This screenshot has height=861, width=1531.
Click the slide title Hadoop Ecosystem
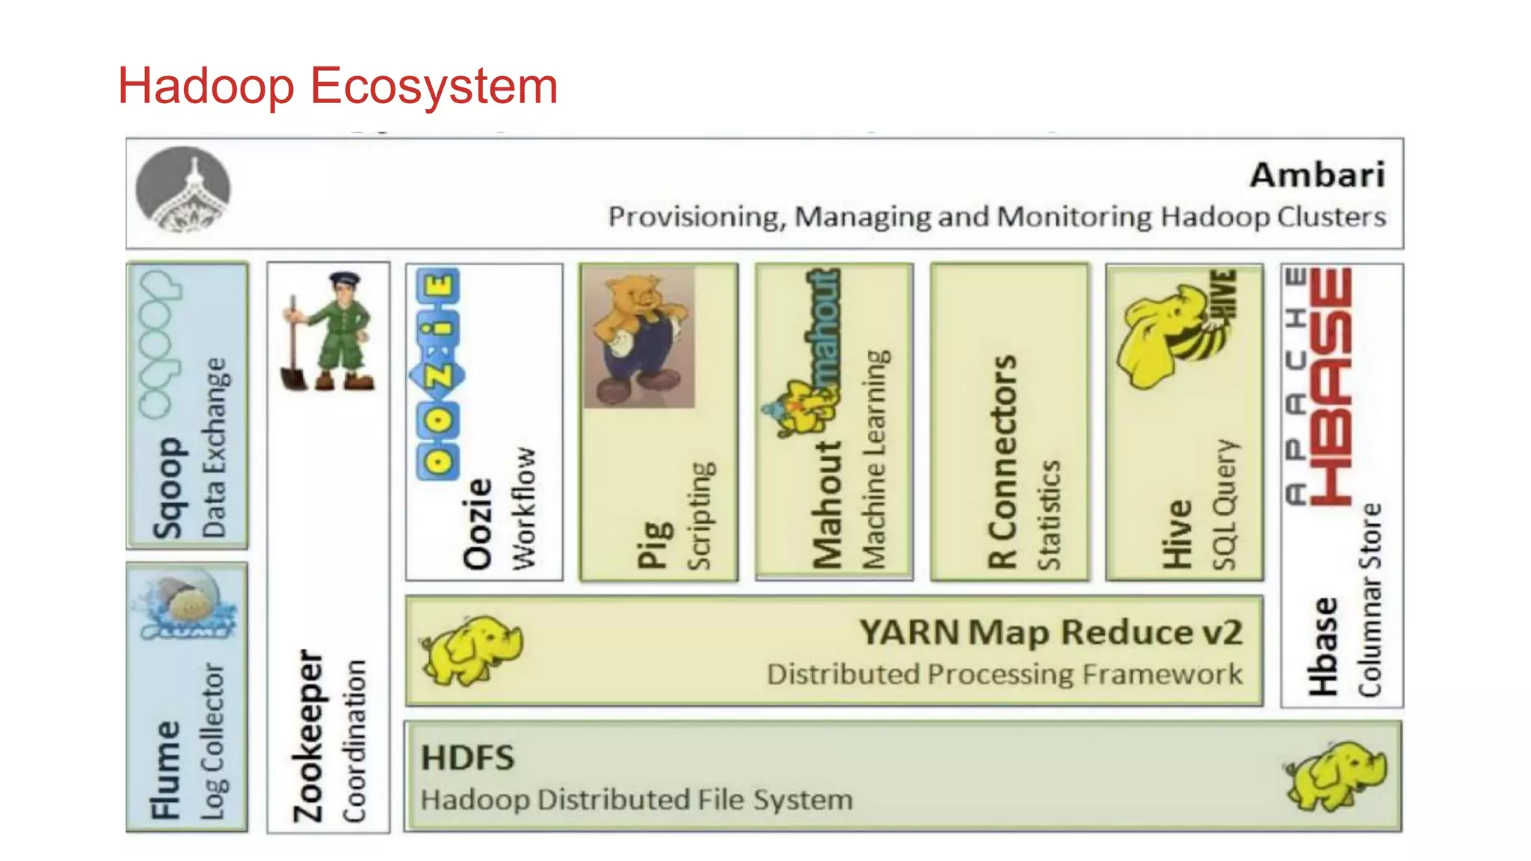338,86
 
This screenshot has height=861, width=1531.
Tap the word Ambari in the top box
1318,175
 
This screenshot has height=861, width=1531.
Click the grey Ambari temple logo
183,189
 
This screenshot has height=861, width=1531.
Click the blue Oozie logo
438,374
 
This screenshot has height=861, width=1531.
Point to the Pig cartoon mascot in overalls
638,336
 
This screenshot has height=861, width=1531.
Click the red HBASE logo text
1331,386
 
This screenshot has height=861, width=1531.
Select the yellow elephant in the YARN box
471,650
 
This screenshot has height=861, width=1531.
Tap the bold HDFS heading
468,758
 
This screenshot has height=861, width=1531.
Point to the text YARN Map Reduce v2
1050,632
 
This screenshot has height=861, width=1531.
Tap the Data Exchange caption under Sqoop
214,447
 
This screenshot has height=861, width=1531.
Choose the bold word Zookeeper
307,736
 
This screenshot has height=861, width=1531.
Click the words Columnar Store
1370,599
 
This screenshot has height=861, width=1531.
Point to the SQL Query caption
1225,504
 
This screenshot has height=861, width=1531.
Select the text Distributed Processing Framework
1004,674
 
